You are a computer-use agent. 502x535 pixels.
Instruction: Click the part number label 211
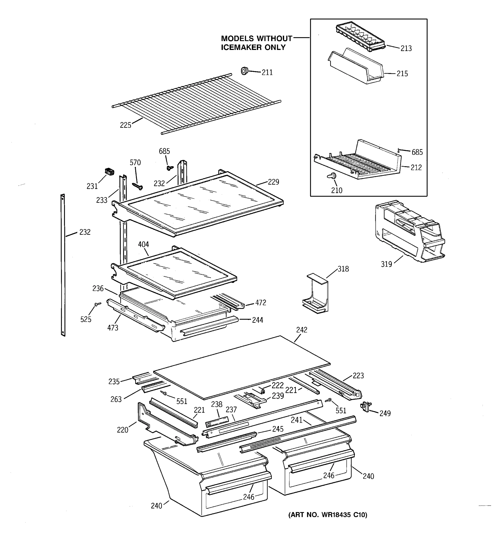(267, 72)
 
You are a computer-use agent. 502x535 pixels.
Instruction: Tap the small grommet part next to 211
(244, 71)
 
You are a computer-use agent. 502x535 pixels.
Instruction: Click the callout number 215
(402, 74)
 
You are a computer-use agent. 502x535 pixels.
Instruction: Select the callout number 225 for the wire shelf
(125, 125)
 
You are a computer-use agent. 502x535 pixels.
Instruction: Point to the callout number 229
(273, 182)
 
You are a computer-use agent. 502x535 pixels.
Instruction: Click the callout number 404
(143, 244)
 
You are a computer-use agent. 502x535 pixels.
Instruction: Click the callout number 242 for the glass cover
(301, 330)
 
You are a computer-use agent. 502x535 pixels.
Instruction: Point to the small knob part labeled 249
(365, 405)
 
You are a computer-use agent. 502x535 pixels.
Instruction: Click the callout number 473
(113, 328)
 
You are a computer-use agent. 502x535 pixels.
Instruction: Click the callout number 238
(216, 404)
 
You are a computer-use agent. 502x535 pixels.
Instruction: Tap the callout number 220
(122, 430)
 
